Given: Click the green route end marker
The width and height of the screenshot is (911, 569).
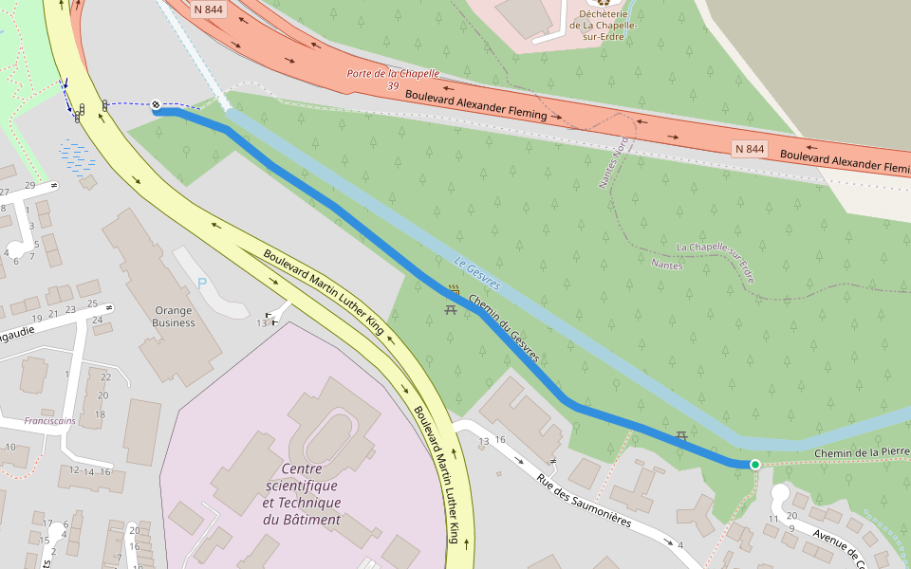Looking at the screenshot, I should (x=755, y=464).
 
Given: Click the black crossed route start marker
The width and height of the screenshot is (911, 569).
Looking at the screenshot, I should (x=156, y=105).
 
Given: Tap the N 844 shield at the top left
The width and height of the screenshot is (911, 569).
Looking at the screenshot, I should (x=209, y=9).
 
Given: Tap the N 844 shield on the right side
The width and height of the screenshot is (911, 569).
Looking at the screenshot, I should (x=750, y=149).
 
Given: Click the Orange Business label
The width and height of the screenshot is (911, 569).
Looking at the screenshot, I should (x=174, y=317).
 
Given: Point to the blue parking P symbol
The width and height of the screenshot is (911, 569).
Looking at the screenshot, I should (x=201, y=282).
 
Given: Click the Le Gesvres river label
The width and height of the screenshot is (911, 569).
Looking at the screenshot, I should (x=476, y=273).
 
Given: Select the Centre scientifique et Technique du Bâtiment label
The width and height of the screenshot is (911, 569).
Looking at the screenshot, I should (x=301, y=494).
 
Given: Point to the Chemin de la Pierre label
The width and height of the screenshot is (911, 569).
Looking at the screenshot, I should (x=862, y=453).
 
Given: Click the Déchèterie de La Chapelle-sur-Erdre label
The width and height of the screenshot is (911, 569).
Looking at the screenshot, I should (x=604, y=20).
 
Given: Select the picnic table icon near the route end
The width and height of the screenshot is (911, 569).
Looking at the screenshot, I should (x=681, y=435).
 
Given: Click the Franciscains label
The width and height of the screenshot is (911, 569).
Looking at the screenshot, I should (x=49, y=420).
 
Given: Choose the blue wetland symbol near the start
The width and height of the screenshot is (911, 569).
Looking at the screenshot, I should (x=77, y=155).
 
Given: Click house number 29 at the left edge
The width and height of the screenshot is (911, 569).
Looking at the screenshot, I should (x=29, y=185).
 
